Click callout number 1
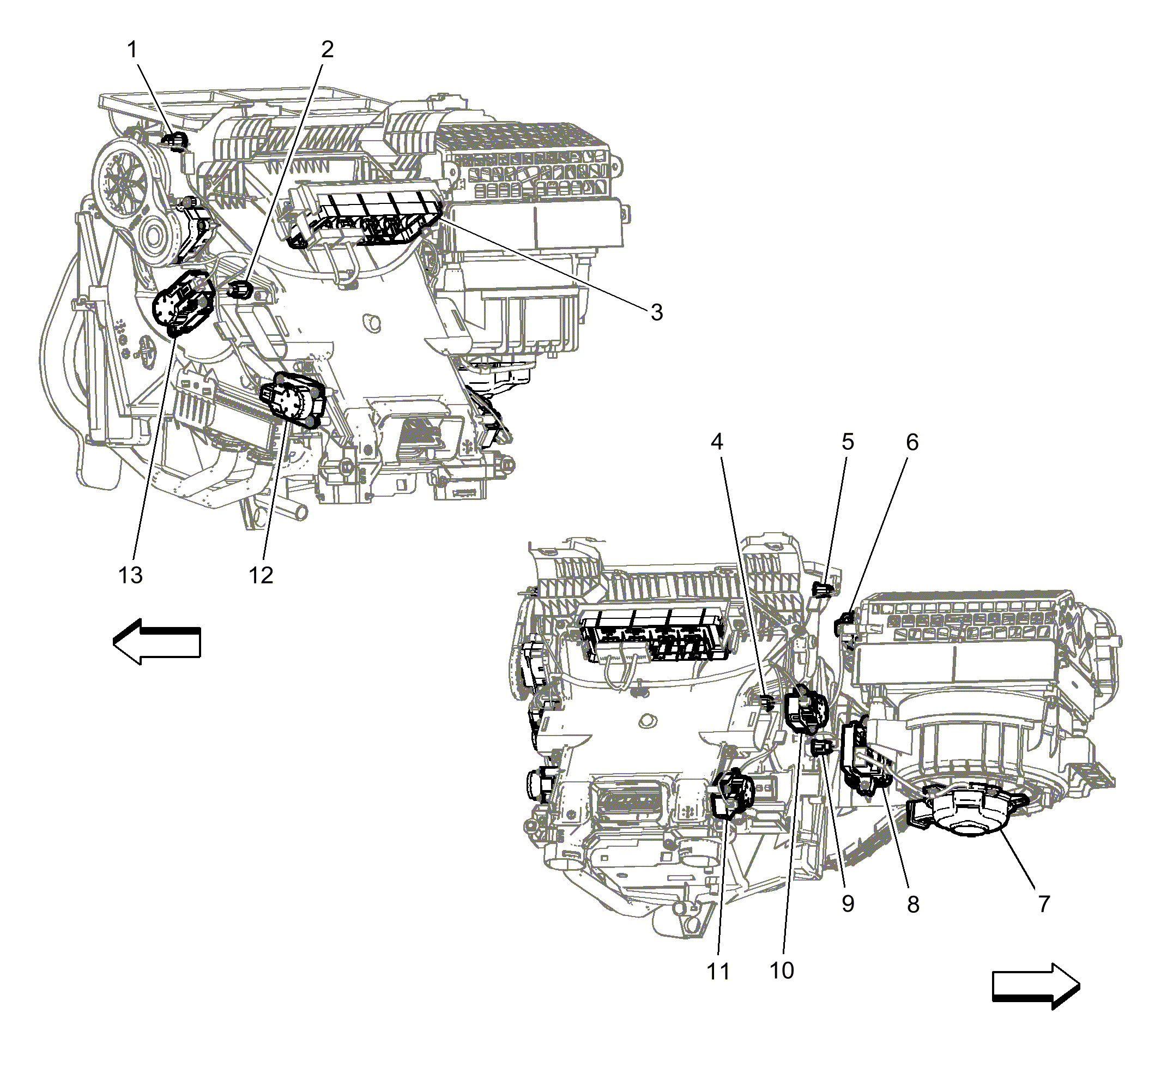tap(133, 50)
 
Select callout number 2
tap(328, 50)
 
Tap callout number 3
tap(657, 313)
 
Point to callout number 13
tap(130, 575)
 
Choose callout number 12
tap(261, 575)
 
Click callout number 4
tap(717, 442)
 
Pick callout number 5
tap(848, 442)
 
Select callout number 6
tap(912, 442)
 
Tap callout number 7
tap(1044, 904)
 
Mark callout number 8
tap(913, 905)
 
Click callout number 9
tap(848, 904)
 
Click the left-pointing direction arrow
tap(157, 642)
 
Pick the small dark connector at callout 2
tap(241, 288)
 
